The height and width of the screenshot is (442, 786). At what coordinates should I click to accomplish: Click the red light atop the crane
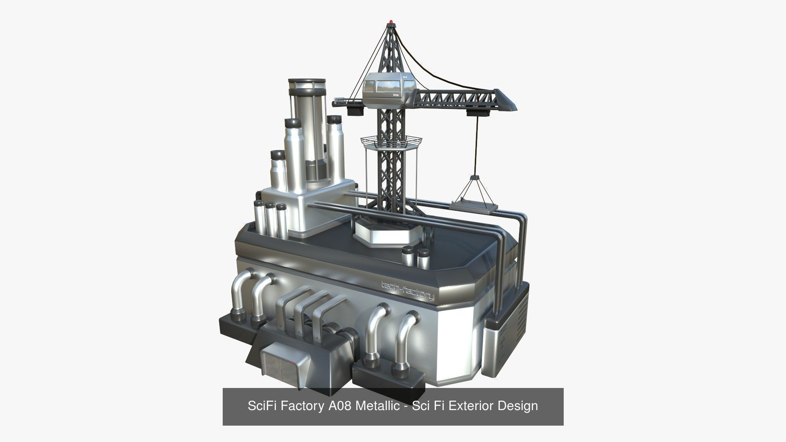(392, 20)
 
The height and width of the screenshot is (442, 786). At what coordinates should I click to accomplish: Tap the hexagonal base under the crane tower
(387, 232)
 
